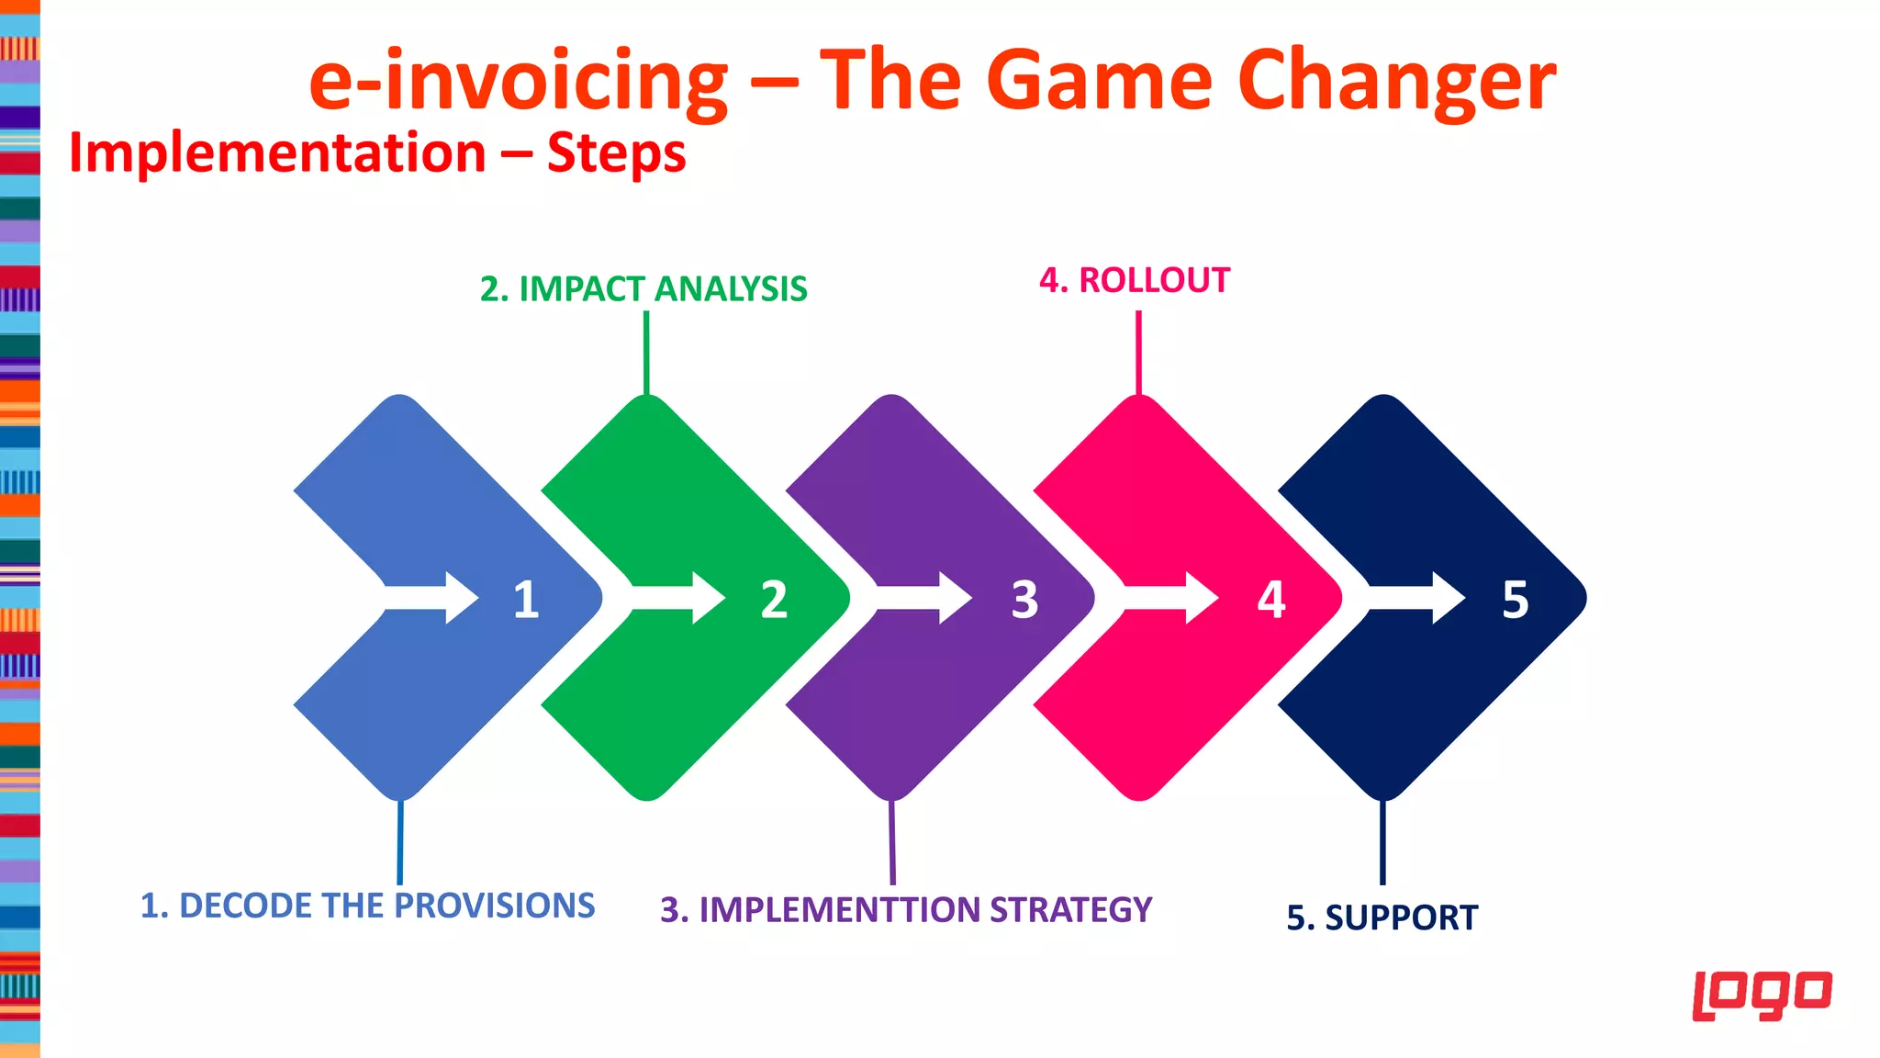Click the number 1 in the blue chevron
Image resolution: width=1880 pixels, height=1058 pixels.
pyautogui.click(x=526, y=599)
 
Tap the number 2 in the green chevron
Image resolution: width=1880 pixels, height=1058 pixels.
pyautogui.click(x=774, y=599)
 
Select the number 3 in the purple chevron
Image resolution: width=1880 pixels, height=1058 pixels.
pyautogui.click(x=1024, y=599)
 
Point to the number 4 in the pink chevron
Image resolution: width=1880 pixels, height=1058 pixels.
pyautogui.click(x=1270, y=599)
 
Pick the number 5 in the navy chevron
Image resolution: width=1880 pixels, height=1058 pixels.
pyautogui.click(x=1515, y=599)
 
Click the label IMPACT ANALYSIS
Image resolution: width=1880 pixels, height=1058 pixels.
pyautogui.click(x=663, y=289)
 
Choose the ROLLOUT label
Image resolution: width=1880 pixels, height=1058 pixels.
pyautogui.click(x=1154, y=281)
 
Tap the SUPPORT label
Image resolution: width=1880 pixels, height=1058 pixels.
pyautogui.click(x=1401, y=917)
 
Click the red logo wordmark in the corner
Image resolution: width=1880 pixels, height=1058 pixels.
pyautogui.click(x=1762, y=994)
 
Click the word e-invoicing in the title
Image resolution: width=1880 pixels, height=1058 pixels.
pyautogui.click(x=519, y=81)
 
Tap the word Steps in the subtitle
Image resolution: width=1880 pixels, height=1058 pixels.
pyautogui.click(x=616, y=153)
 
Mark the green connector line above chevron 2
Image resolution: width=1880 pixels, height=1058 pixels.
pyautogui.click(x=646, y=353)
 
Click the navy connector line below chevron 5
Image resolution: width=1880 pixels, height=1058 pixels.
pyautogui.click(x=1382, y=842)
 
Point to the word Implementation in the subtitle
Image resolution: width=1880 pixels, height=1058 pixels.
pyautogui.click(x=277, y=153)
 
